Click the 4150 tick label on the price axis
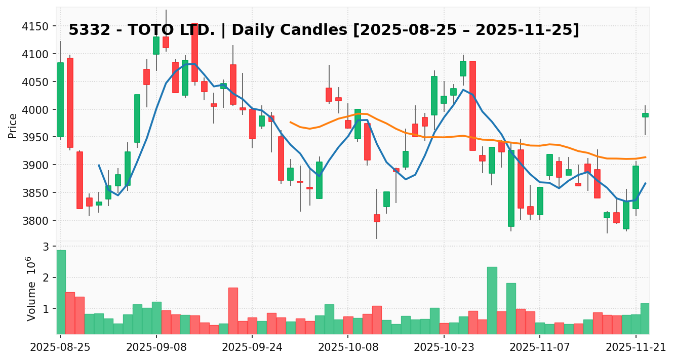tap(38, 26)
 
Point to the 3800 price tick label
tap(38, 221)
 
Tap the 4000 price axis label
tap(38, 110)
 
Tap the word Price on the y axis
tap(13, 126)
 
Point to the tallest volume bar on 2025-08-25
tap(61, 292)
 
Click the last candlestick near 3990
tap(645, 115)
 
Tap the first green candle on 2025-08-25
tap(61, 100)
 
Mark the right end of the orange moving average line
tap(645, 157)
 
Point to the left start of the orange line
tap(290, 122)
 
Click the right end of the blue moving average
tap(645, 183)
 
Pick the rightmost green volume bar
tap(645, 318)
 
